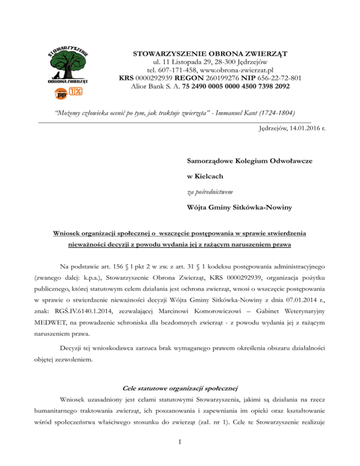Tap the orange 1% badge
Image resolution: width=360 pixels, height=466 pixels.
[75, 90]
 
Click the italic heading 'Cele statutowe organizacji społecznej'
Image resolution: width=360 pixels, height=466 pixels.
[180, 388]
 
